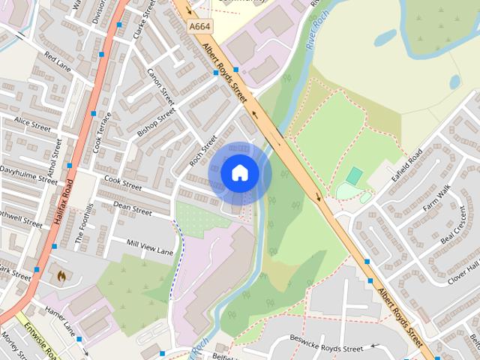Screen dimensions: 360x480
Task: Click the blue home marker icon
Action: point(239,173)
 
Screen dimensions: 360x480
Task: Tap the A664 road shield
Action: point(198,26)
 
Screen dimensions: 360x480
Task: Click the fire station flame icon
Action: point(60,275)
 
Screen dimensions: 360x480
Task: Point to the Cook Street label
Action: point(122,182)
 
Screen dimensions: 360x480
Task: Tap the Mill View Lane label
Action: point(150,247)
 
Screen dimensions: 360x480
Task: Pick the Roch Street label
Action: point(202,150)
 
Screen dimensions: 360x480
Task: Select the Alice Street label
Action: point(31,124)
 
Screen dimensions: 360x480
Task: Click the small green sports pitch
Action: point(354,176)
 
